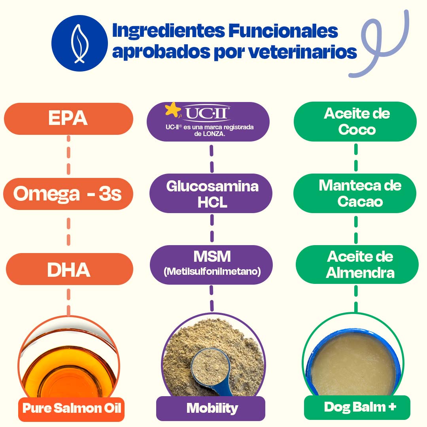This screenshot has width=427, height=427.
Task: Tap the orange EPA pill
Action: [68, 119]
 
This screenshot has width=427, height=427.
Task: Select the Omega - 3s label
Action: [68, 194]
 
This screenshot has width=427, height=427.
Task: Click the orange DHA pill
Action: [69, 269]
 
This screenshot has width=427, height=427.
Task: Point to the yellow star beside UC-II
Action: [173, 110]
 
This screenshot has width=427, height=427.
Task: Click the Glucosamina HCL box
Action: [212, 194]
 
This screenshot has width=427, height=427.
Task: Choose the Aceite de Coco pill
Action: [355, 121]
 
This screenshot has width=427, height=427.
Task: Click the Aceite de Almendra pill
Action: [357, 265]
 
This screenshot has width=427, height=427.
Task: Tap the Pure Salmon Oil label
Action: [71, 408]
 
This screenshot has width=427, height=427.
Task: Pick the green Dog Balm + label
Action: [357, 407]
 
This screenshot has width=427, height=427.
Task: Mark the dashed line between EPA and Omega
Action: [68, 155]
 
